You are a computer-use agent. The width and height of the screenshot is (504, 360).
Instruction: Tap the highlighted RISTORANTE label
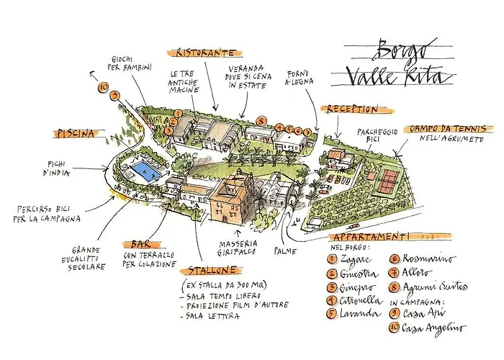click(x=202, y=53)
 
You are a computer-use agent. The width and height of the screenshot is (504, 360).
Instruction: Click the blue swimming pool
click(x=142, y=170)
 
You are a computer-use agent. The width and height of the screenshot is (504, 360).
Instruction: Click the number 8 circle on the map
click(x=261, y=121)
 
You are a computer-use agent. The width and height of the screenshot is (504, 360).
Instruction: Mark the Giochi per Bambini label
click(x=130, y=63)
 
